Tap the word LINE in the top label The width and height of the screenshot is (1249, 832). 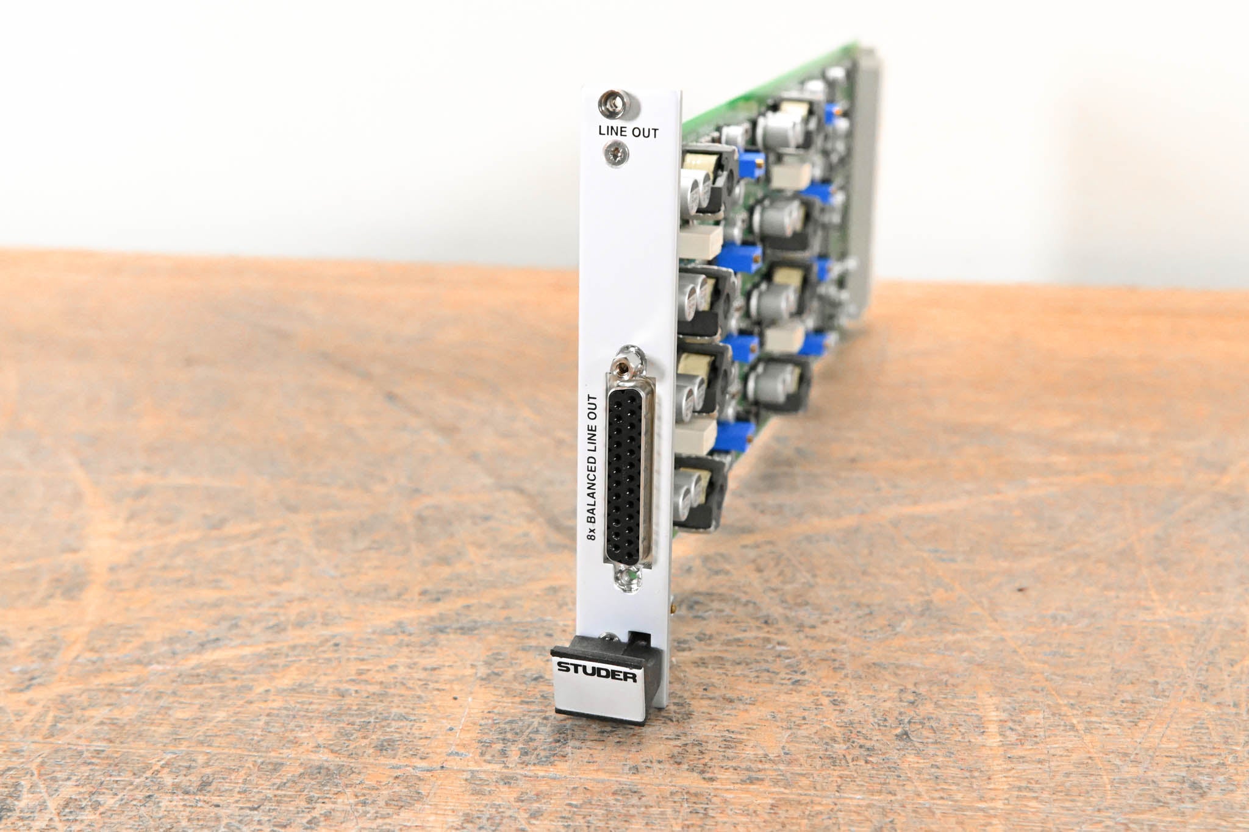point(614,130)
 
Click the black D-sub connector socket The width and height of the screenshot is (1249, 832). point(628,475)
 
